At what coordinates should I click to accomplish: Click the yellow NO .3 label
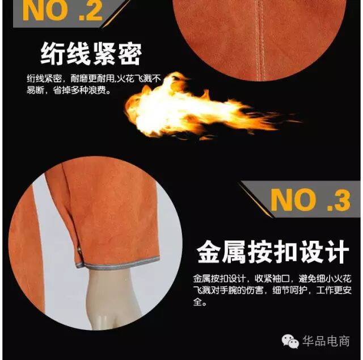tap(310, 200)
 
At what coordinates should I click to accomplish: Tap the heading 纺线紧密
tap(91, 54)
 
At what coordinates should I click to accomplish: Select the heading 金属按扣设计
tap(273, 252)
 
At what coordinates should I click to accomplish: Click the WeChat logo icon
tap(290, 341)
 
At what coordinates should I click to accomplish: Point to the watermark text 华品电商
tap(326, 341)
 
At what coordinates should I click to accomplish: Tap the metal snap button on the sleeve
tap(79, 249)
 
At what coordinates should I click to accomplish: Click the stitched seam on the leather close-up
tap(260, 39)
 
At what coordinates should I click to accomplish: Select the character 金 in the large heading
tap(209, 252)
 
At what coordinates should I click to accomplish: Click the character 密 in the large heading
tap(129, 54)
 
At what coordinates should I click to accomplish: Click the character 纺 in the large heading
tap(52, 54)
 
